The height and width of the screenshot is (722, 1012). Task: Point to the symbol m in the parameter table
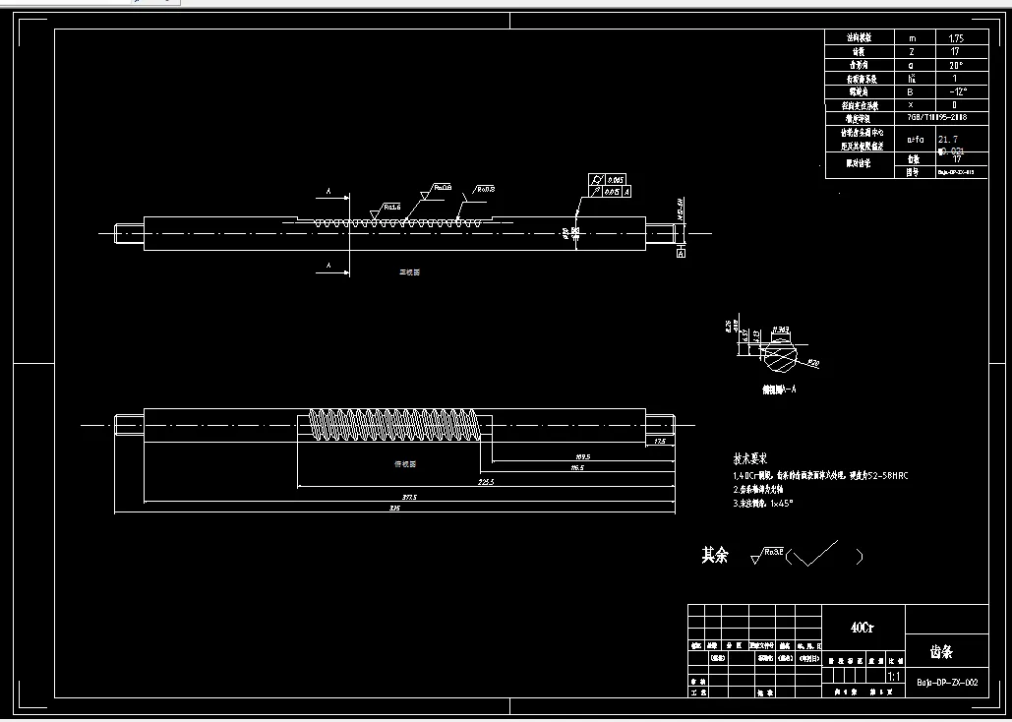point(911,37)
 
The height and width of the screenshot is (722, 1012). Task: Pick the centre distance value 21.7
point(949,140)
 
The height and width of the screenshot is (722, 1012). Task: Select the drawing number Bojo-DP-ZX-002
point(946,681)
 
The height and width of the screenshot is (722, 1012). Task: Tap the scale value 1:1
point(894,678)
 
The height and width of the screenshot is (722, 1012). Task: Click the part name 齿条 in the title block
point(941,651)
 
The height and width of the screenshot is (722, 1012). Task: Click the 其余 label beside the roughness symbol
point(715,556)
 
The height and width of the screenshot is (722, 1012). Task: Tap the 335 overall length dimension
point(394,509)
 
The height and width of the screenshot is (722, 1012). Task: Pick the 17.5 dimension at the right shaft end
point(660,442)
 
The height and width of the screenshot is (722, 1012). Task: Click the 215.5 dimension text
point(484,482)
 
